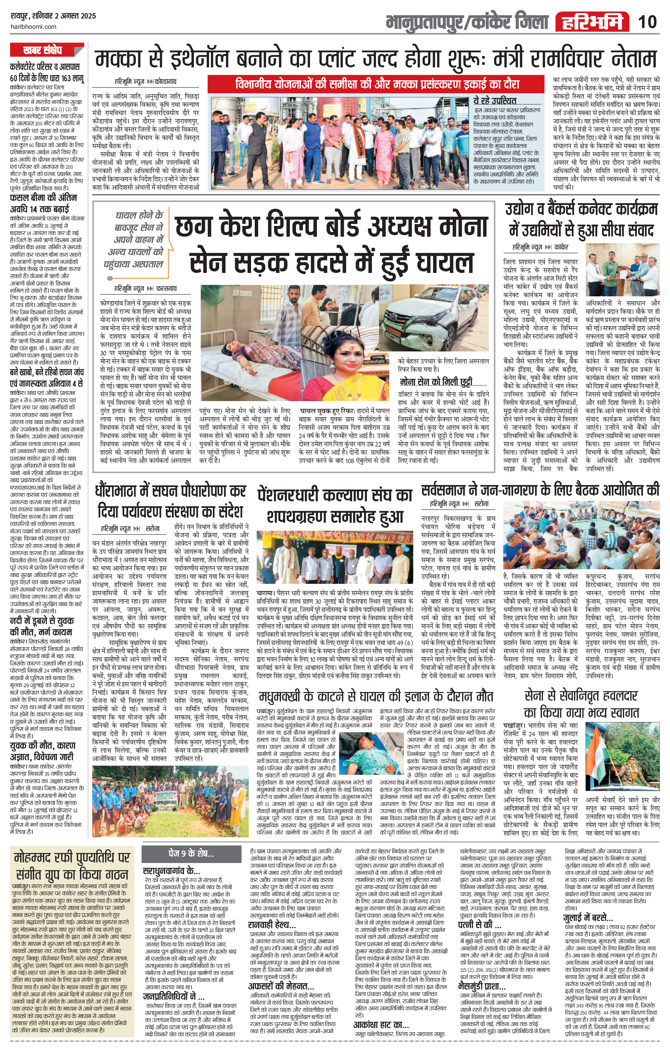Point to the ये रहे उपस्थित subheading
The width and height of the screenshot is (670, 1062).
click(494, 100)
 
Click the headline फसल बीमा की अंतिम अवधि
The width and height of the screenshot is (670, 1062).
click(43, 203)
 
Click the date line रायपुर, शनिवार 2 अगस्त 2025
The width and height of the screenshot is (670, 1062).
click(53, 16)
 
